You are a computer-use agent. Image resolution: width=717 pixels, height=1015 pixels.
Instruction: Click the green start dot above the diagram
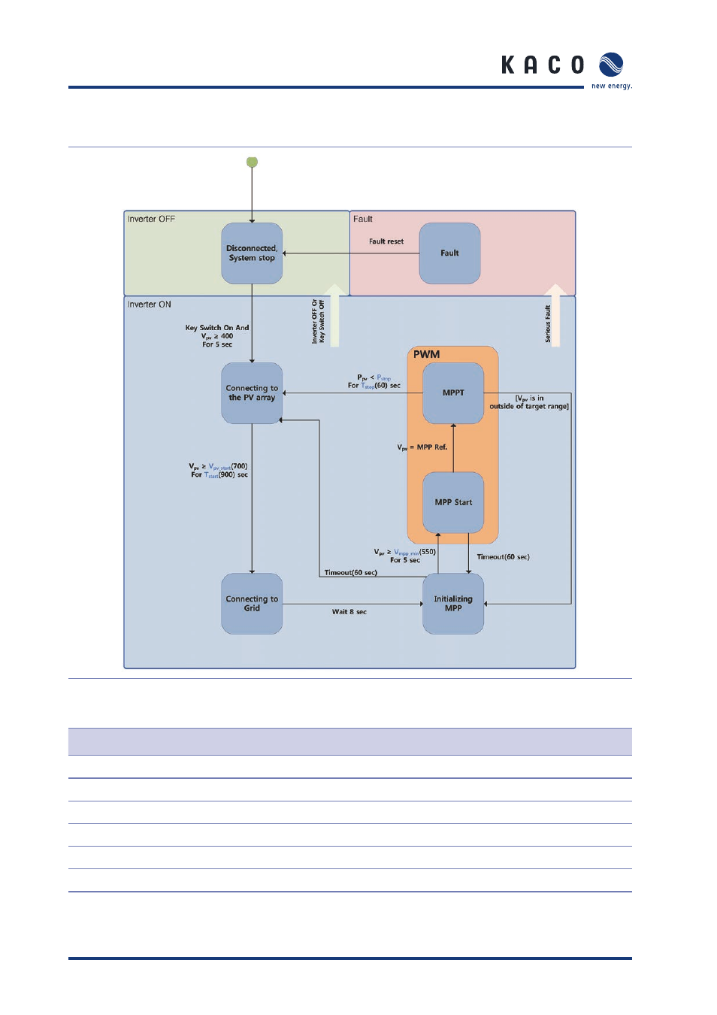click(x=252, y=162)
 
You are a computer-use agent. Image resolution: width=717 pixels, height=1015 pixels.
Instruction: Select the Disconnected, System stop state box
click(x=252, y=253)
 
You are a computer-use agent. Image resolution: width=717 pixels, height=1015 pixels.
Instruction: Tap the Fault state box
click(x=449, y=253)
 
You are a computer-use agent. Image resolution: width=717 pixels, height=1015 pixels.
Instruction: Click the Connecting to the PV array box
click(x=252, y=393)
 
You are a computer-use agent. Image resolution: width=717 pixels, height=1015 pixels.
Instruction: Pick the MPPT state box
click(x=453, y=393)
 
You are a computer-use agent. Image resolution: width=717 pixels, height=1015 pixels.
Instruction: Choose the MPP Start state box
click(x=453, y=502)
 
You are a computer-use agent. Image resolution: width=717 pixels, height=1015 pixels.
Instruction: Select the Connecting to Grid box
click(x=252, y=604)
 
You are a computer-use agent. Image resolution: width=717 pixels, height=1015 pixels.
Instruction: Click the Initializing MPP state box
click(x=453, y=604)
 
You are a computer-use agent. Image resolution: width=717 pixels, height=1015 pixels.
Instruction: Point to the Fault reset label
click(x=386, y=242)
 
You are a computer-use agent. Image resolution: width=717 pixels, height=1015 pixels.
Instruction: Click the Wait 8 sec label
click(x=349, y=612)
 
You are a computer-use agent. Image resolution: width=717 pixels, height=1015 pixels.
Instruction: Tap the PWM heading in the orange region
click(x=426, y=354)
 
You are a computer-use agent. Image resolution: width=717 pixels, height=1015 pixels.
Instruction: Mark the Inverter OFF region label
click(x=151, y=220)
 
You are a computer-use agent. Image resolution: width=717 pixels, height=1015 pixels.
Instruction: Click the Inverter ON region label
click(x=150, y=304)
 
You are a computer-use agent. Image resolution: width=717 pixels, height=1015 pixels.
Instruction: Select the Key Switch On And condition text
click(x=217, y=328)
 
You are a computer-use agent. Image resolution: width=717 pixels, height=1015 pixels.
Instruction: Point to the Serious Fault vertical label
click(x=548, y=324)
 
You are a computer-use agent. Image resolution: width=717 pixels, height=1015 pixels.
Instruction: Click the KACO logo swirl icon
click(x=611, y=65)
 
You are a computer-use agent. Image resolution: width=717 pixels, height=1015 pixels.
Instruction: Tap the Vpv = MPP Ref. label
click(x=422, y=447)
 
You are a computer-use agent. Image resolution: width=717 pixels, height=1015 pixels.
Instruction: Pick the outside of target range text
click(x=529, y=407)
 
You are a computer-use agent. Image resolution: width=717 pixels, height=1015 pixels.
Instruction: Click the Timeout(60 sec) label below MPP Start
click(x=503, y=557)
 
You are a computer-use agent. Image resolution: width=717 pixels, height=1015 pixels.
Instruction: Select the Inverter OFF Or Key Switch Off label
click(x=318, y=322)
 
